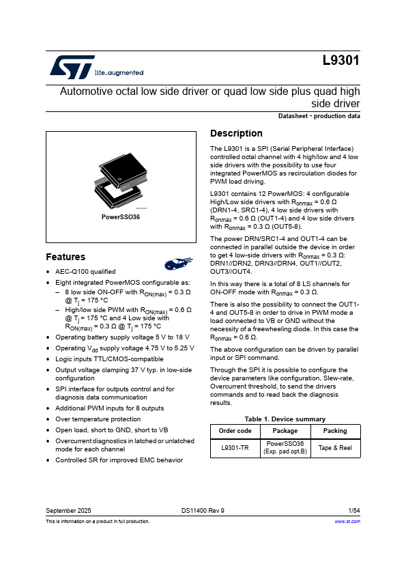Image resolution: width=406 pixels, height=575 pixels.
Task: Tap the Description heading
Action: tap(236, 133)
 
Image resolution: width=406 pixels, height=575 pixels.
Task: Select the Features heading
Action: tap(66, 257)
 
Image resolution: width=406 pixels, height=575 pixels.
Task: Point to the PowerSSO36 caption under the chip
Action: tap(121, 216)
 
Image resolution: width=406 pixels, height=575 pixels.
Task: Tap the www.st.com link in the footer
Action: tap(347, 521)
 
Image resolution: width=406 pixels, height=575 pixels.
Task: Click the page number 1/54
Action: tap(354, 510)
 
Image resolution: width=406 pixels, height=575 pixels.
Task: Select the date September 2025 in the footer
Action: tap(68, 510)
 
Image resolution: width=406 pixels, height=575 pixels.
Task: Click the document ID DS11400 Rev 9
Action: tap(203, 510)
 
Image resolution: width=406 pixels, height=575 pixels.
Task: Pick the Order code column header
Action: tap(235, 431)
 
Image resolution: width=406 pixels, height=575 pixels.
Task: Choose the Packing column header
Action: tap(335, 431)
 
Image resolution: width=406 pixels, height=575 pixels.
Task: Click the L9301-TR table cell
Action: tap(235, 447)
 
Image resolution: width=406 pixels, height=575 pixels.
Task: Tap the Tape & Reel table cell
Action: tap(335, 447)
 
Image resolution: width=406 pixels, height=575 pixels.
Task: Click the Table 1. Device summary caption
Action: tap(285, 419)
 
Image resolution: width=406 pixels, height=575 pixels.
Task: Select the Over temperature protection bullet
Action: tap(98, 419)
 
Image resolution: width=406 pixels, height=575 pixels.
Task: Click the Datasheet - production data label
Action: tap(319, 116)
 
